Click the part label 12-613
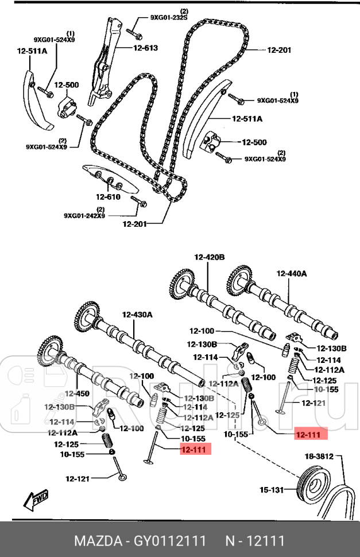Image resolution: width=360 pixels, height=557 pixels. point(145,48)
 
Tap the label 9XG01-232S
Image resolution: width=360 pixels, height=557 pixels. point(169,17)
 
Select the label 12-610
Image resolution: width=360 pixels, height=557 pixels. point(109,197)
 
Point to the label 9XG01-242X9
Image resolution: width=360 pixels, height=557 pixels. point(84,216)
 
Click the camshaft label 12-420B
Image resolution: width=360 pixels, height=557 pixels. point(209,257)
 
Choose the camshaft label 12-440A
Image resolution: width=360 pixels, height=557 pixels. point(293,274)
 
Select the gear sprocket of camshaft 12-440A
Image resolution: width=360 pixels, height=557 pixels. point(240,280)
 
